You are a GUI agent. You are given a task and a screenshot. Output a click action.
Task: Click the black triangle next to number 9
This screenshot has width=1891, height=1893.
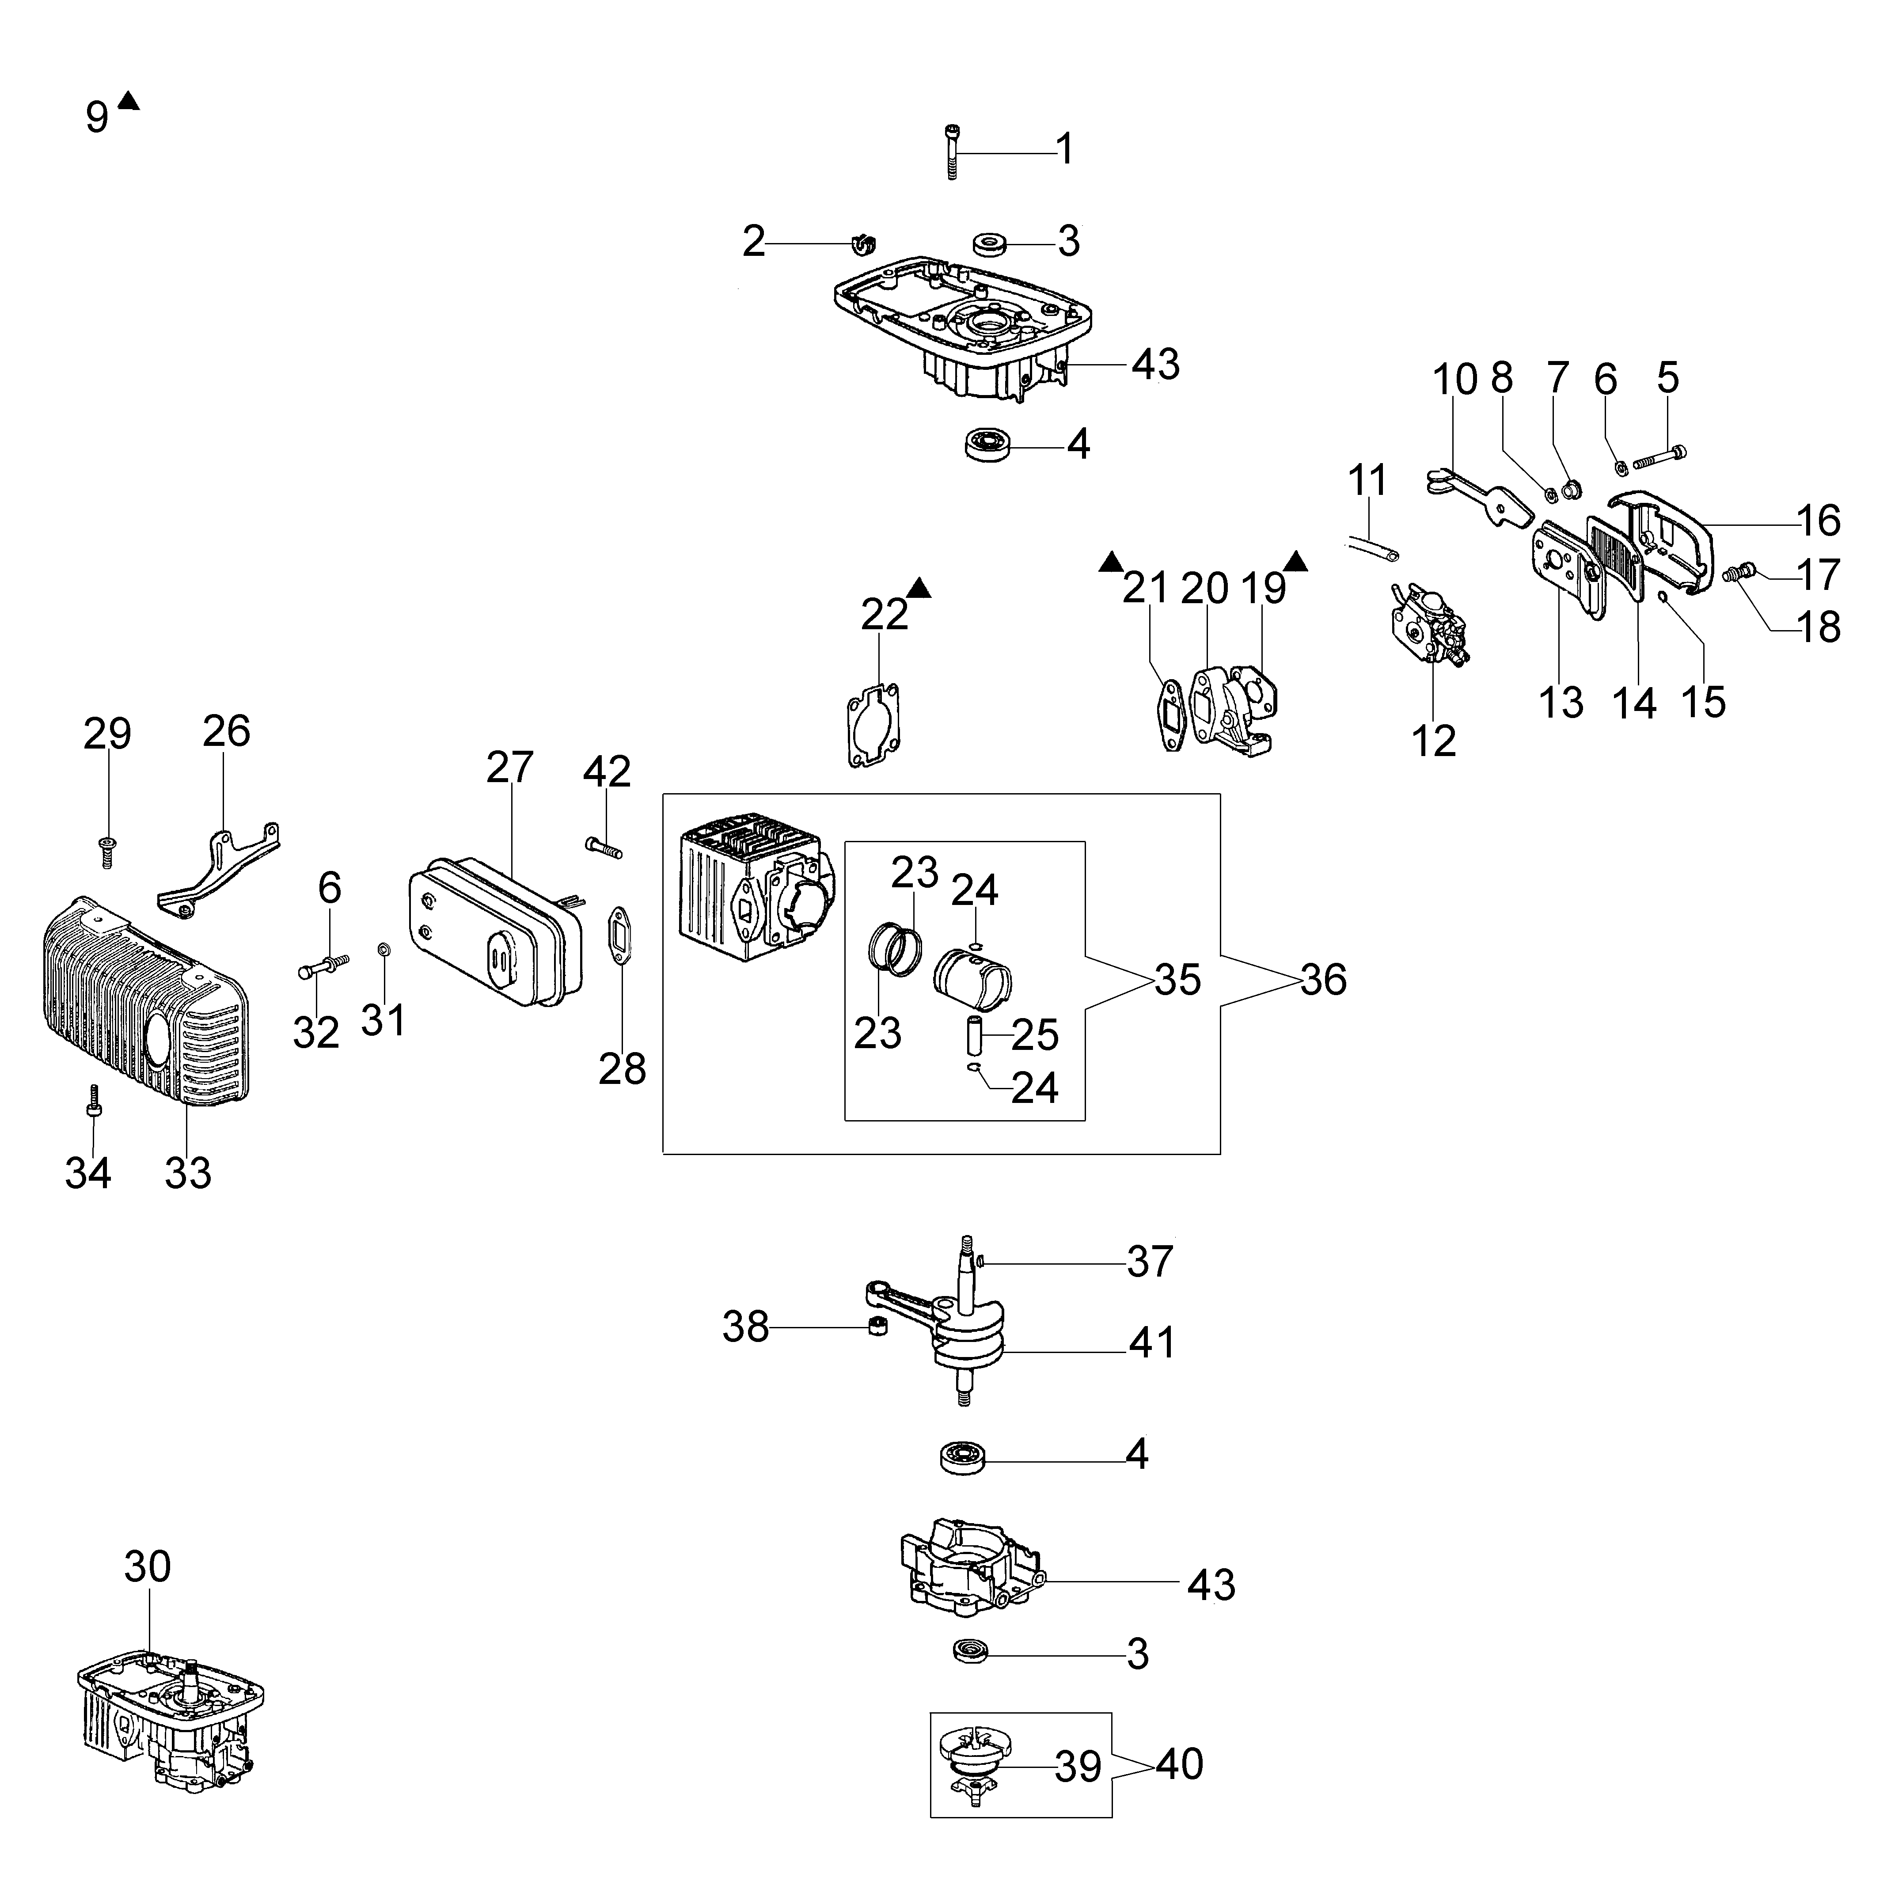(x=129, y=100)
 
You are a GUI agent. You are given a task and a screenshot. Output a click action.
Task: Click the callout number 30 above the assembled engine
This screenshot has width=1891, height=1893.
(x=148, y=1567)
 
